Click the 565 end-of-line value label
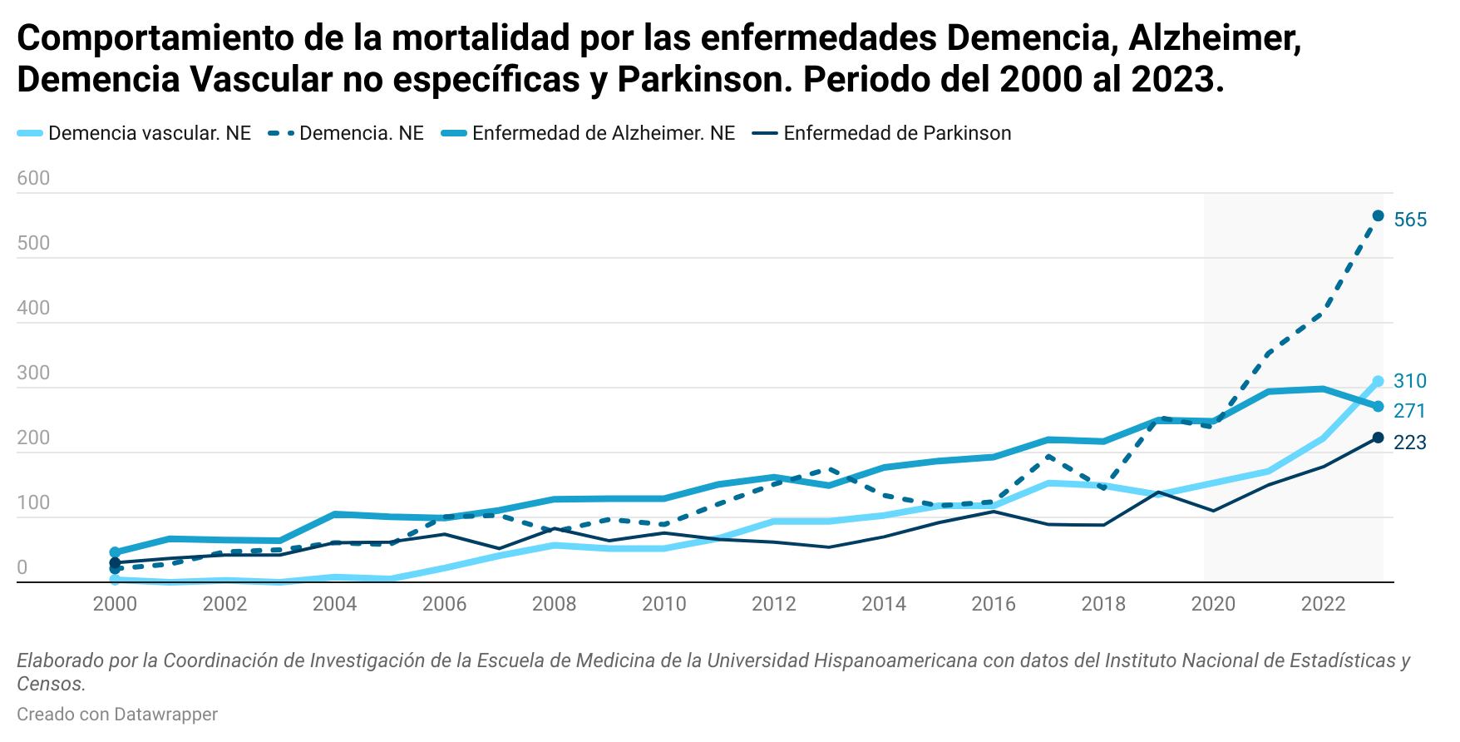coord(1410,220)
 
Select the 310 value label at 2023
coord(1410,381)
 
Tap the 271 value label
coord(1410,411)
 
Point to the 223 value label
coord(1410,443)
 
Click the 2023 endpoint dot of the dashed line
coord(1378,216)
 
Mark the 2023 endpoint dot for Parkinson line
coord(1378,438)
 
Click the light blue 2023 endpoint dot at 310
coord(1378,382)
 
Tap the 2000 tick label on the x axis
coord(115,604)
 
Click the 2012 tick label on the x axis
coord(774,604)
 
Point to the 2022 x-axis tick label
coord(1323,604)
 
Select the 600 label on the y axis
coord(33,178)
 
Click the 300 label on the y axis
coord(33,373)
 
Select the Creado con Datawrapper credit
coord(117,714)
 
